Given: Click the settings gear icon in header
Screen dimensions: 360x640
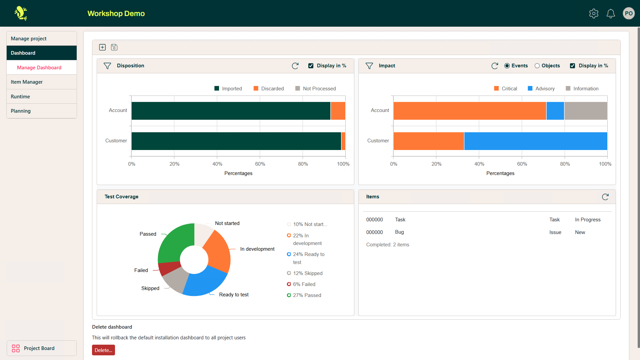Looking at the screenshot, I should coord(594,13).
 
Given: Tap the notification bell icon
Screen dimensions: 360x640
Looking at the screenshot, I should coord(611,13).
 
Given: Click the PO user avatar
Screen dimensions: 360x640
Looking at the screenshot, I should coord(629,13).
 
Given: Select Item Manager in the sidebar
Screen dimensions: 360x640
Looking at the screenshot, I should coord(27,82).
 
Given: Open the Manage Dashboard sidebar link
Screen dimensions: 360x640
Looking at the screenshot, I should coord(39,68).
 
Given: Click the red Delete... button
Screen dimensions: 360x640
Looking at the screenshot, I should coord(103,350).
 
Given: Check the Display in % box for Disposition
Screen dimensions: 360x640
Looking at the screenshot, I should coord(311,66).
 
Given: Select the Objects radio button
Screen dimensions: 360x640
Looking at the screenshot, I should coord(537,66).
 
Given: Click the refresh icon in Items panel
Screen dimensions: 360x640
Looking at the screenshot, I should coord(605,197).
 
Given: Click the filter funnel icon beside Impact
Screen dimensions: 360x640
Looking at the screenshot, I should coord(369,66).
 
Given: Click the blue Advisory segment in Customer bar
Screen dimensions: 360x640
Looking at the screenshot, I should coord(535,141).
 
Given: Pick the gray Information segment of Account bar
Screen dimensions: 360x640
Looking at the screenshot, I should coord(585,111).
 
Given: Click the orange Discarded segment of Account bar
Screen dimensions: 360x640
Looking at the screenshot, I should coord(338,111).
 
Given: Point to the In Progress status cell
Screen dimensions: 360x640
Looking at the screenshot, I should coord(588,220).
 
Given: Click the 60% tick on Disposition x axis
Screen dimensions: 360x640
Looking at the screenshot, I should coord(260,164).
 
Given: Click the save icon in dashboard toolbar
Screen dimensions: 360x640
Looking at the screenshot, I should coord(114,47).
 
